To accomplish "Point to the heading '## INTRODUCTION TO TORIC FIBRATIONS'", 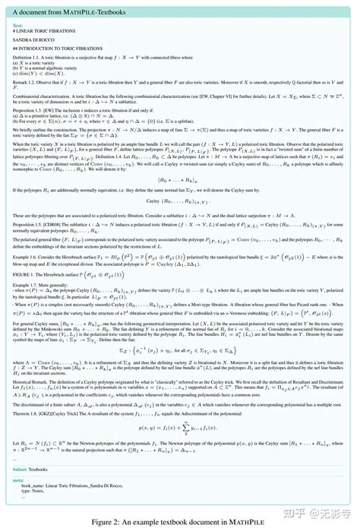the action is pos(64,47).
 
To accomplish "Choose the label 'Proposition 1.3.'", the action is pos(31,109).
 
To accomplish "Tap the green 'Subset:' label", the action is pos(21,469).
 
